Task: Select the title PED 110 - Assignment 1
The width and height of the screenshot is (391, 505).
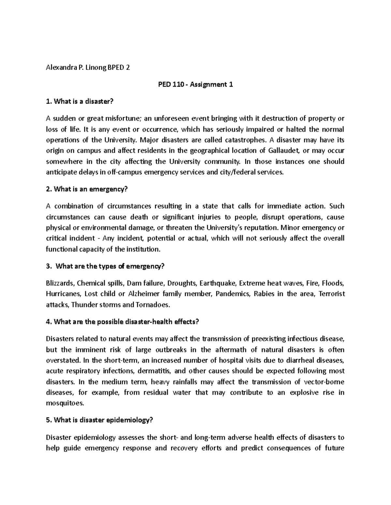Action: click(195, 85)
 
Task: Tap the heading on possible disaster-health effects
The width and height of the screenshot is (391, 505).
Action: click(122, 322)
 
